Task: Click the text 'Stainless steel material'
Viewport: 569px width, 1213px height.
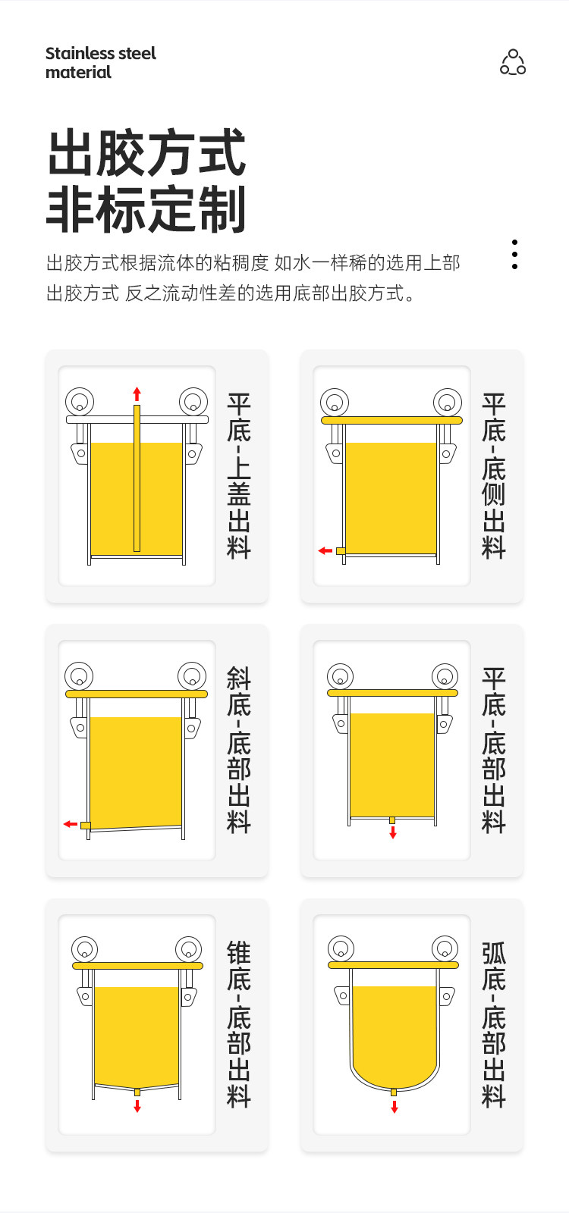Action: [100, 63]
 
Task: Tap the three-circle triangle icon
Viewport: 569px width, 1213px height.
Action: [513, 61]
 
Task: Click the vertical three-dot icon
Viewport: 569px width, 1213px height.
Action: [514, 254]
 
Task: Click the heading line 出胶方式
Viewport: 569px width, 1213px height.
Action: [147, 152]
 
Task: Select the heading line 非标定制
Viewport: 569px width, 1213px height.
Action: [146, 209]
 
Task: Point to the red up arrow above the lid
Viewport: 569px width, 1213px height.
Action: [137, 393]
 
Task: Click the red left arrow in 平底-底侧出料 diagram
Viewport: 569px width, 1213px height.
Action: [325, 550]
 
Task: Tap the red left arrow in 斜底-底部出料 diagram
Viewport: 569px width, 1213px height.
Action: [71, 824]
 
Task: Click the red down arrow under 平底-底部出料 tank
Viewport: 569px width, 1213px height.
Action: [393, 832]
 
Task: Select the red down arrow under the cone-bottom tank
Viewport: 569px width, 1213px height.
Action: [137, 1105]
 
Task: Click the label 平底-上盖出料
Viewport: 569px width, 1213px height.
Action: [238, 476]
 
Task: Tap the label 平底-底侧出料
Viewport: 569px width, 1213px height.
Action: [493, 476]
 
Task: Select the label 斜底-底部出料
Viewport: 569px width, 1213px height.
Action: [238, 751]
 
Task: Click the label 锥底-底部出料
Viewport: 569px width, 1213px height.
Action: [238, 1025]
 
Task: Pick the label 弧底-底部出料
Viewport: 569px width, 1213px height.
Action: [493, 1025]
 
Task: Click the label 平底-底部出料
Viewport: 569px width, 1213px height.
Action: [493, 751]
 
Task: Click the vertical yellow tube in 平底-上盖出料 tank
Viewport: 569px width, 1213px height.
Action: [137, 478]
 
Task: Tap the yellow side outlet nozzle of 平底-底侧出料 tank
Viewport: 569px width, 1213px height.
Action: [341, 550]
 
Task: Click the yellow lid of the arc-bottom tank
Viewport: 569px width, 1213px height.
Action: [394, 965]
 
